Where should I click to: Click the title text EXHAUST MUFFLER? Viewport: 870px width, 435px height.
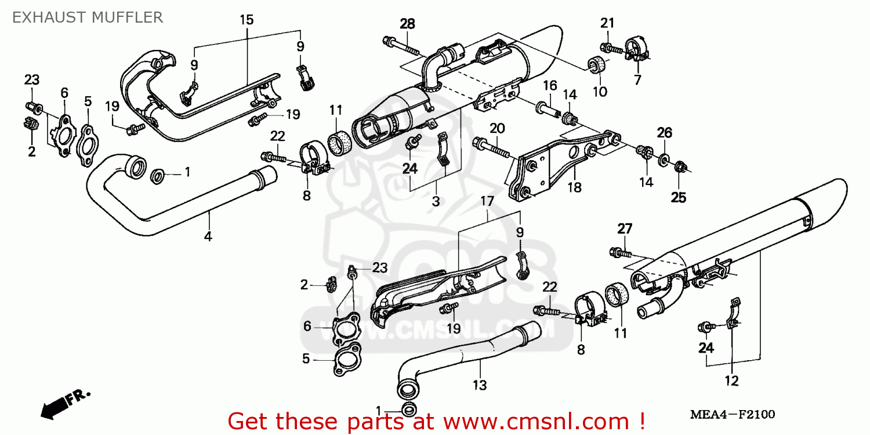click(88, 17)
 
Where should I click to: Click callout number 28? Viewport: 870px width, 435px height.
click(408, 24)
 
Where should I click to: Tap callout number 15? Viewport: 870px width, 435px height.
click(246, 20)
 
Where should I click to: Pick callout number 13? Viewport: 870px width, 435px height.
click(480, 385)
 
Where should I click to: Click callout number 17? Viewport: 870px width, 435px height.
click(487, 201)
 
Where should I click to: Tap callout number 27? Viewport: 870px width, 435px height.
click(624, 229)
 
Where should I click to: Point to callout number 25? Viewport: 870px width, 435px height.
click(679, 197)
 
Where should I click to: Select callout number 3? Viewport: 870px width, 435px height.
click(436, 201)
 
